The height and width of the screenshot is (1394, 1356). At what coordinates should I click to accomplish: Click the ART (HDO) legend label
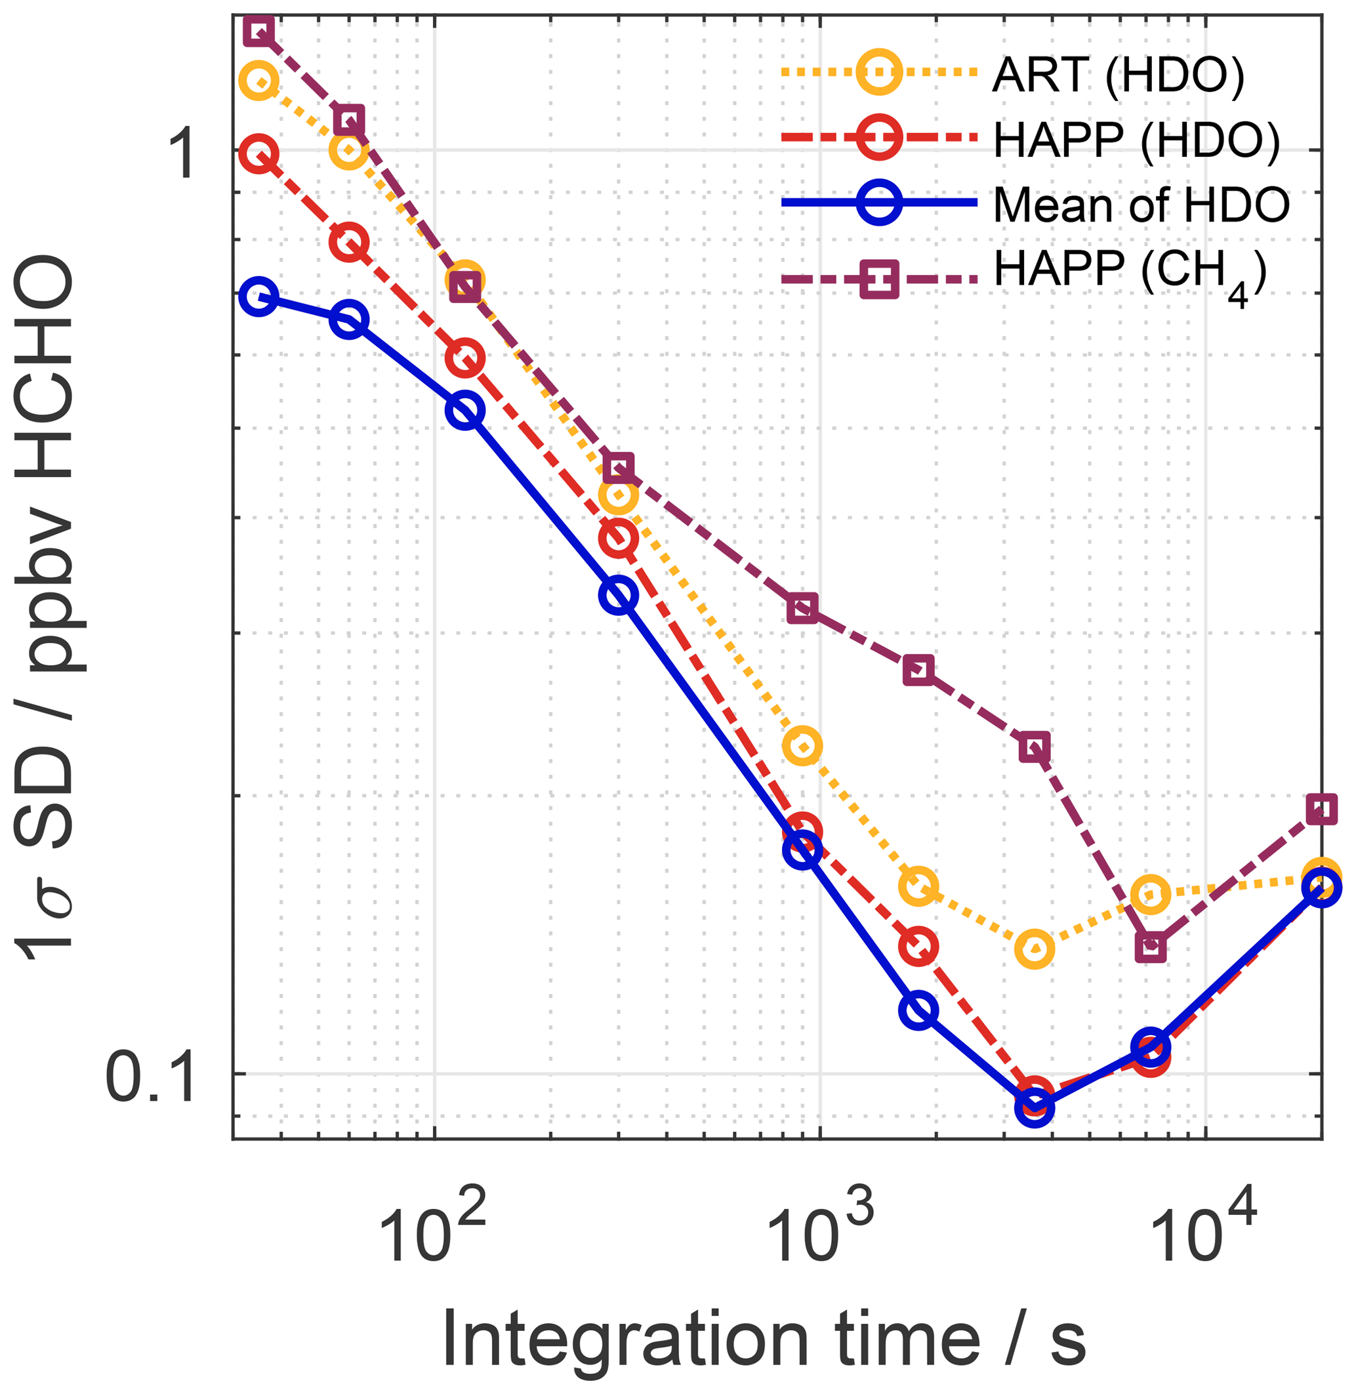coord(1117,75)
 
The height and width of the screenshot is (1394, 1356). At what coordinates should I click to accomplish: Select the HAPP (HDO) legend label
coord(1136,140)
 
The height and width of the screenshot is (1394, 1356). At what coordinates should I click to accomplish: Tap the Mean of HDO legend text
coord(1141,205)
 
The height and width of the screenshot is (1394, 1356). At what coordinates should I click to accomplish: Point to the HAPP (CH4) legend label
coord(1130,274)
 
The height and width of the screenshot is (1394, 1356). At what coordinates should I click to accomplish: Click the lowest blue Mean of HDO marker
coord(1034,1107)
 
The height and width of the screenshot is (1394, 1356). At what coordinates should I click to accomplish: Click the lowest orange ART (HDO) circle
coord(1034,949)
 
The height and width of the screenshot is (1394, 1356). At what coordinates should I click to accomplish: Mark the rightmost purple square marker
coord(1321,810)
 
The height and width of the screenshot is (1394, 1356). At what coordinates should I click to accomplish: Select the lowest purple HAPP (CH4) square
coord(1151,947)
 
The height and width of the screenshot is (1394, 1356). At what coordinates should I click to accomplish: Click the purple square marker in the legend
coord(880,279)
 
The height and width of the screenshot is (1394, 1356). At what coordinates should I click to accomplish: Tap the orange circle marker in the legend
coord(880,72)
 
